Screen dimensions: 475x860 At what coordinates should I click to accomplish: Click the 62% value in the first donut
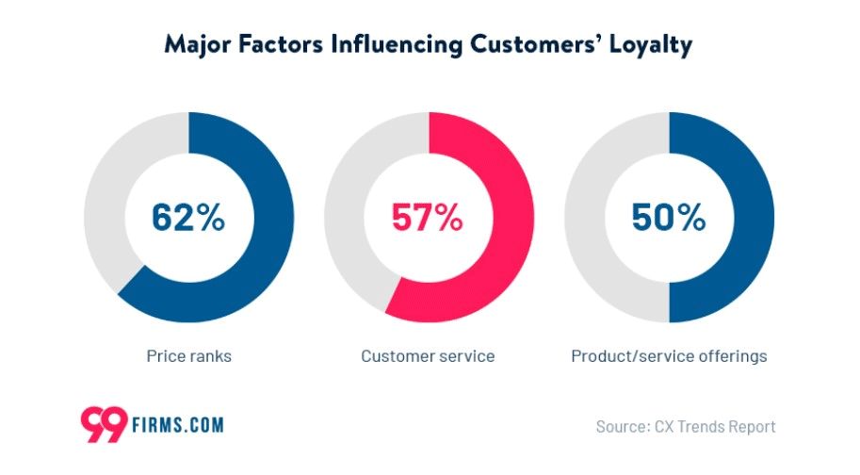click(188, 217)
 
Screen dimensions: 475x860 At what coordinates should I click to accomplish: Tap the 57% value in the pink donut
click(429, 217)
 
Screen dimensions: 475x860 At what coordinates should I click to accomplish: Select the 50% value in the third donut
click(669, 217)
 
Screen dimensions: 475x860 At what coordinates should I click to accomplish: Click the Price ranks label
click(188, 356)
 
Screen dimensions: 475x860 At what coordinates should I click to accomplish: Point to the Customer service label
click(428, 356)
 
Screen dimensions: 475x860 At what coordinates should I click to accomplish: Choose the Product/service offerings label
click(669, 356)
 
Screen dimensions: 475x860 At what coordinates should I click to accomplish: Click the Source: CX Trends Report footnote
click(686, 426)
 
